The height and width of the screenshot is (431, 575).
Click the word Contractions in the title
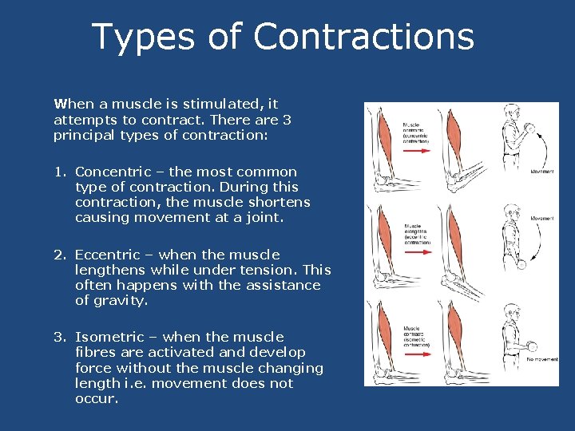(363, 37)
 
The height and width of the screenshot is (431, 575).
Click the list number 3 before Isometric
(58, 337)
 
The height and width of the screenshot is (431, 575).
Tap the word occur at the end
(96, 399)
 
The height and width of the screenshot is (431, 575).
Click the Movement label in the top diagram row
(542, 172)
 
